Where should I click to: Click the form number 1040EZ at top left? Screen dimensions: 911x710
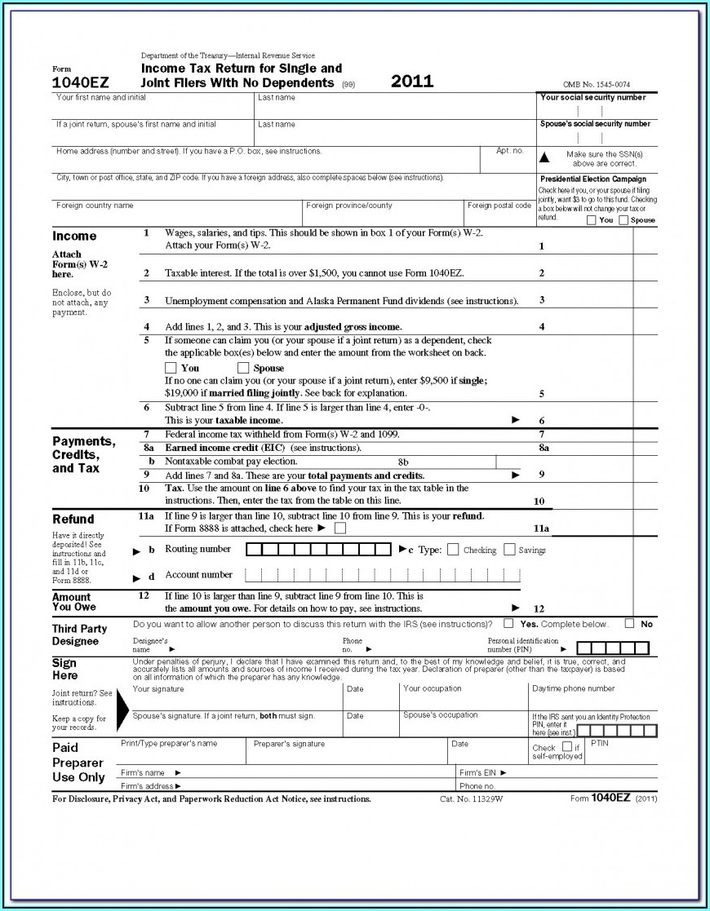81,82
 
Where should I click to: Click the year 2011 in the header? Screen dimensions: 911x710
412,82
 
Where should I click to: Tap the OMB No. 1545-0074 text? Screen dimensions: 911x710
596,85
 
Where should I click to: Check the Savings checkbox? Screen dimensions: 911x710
509,550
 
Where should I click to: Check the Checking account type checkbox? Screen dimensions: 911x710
454,550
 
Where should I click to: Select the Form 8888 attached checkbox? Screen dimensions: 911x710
340,528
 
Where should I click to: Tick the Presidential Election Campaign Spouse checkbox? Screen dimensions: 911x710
623,220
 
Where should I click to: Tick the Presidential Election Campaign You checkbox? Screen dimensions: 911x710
592,220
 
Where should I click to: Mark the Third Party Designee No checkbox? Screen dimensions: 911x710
629,624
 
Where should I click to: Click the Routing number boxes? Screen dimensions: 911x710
319,549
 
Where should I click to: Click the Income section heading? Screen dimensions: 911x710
74,237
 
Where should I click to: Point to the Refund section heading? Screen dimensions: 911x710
73,520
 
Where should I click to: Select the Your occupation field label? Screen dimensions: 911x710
432,688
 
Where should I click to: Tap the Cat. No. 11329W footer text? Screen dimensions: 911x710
472,799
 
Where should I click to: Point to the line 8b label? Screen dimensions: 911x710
403,462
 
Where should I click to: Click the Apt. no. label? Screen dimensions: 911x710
510,151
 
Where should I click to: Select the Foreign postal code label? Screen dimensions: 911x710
499,206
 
